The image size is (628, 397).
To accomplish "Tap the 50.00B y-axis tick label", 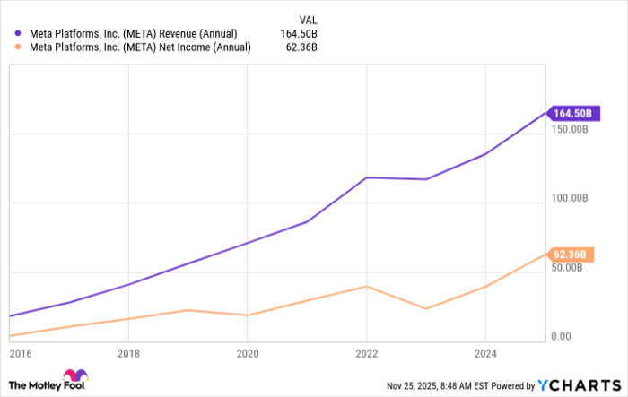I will tap(569, 267).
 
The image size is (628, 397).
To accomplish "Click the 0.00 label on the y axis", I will tap(562, 337).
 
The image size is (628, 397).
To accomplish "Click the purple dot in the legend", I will tap(20, 34).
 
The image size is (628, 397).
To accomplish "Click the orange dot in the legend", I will tap(20, 49).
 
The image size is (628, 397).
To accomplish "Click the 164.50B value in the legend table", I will tap(300, 34).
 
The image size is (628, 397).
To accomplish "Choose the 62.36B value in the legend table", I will tap(302, 49).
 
